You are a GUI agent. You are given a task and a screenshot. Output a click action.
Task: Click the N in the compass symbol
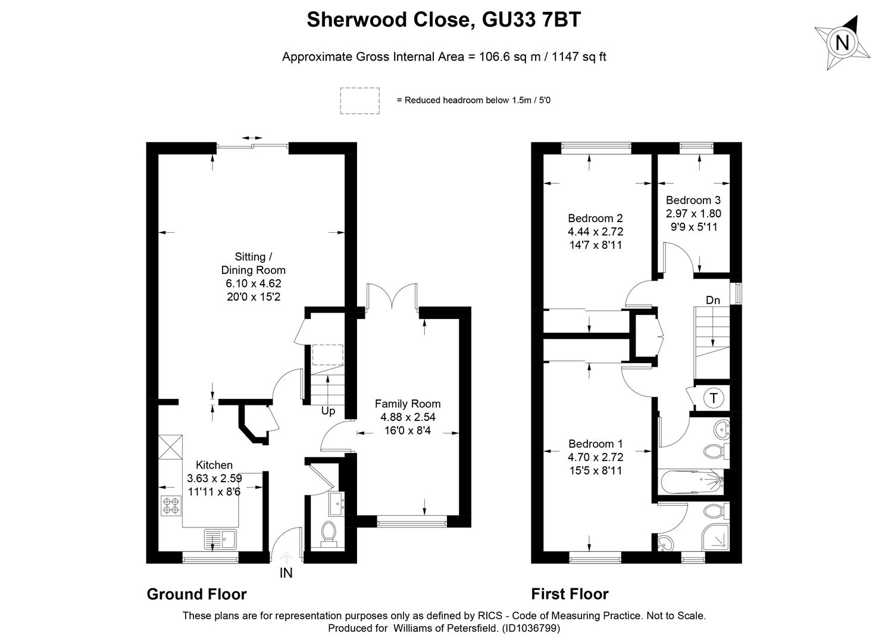842,43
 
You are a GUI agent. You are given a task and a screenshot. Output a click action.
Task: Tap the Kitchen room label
214,465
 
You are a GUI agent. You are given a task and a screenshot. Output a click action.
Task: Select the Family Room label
408,404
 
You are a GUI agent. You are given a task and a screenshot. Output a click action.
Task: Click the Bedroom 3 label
693,200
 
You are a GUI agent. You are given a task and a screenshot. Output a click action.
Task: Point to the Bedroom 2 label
595,218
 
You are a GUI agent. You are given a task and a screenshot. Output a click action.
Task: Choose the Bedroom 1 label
595,444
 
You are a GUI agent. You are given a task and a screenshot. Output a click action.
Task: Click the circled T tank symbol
713,398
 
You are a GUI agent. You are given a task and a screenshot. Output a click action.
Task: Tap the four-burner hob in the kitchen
170,506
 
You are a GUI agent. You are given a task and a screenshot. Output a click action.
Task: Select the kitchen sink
220,539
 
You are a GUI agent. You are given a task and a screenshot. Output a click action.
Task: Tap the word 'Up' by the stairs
328,411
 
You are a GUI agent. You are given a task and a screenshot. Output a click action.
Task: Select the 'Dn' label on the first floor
712,300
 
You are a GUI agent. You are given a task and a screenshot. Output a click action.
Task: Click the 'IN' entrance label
286,573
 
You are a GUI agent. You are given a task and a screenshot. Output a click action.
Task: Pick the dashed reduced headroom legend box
359,101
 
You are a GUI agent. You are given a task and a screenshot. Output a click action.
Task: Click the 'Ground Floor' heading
196,594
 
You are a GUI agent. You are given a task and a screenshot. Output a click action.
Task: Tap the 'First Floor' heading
570,594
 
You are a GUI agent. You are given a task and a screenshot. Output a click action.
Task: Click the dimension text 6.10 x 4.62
253,283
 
